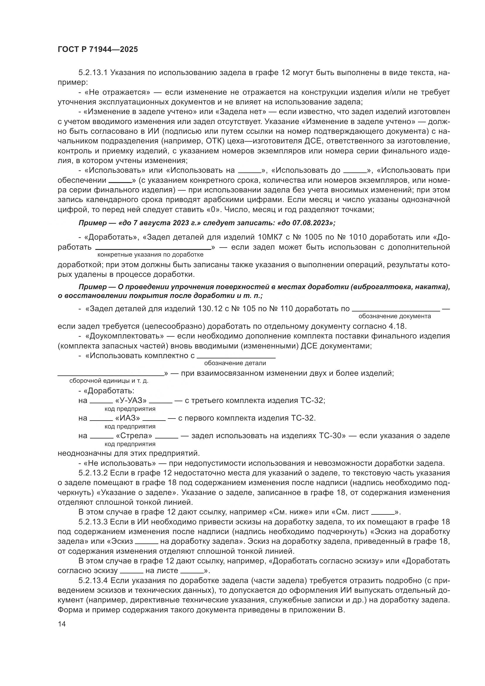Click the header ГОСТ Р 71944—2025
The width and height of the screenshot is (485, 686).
[x=98, y=50]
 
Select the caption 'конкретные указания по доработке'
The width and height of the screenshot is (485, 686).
[x=150, y=255]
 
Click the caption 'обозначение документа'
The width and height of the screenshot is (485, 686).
[x=394, y=316]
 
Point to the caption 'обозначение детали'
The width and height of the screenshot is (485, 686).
[x=235, y=363]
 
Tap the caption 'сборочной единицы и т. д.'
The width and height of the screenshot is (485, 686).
[x=109, y=381]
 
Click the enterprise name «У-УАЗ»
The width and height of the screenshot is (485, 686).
[x=131, y=401]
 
